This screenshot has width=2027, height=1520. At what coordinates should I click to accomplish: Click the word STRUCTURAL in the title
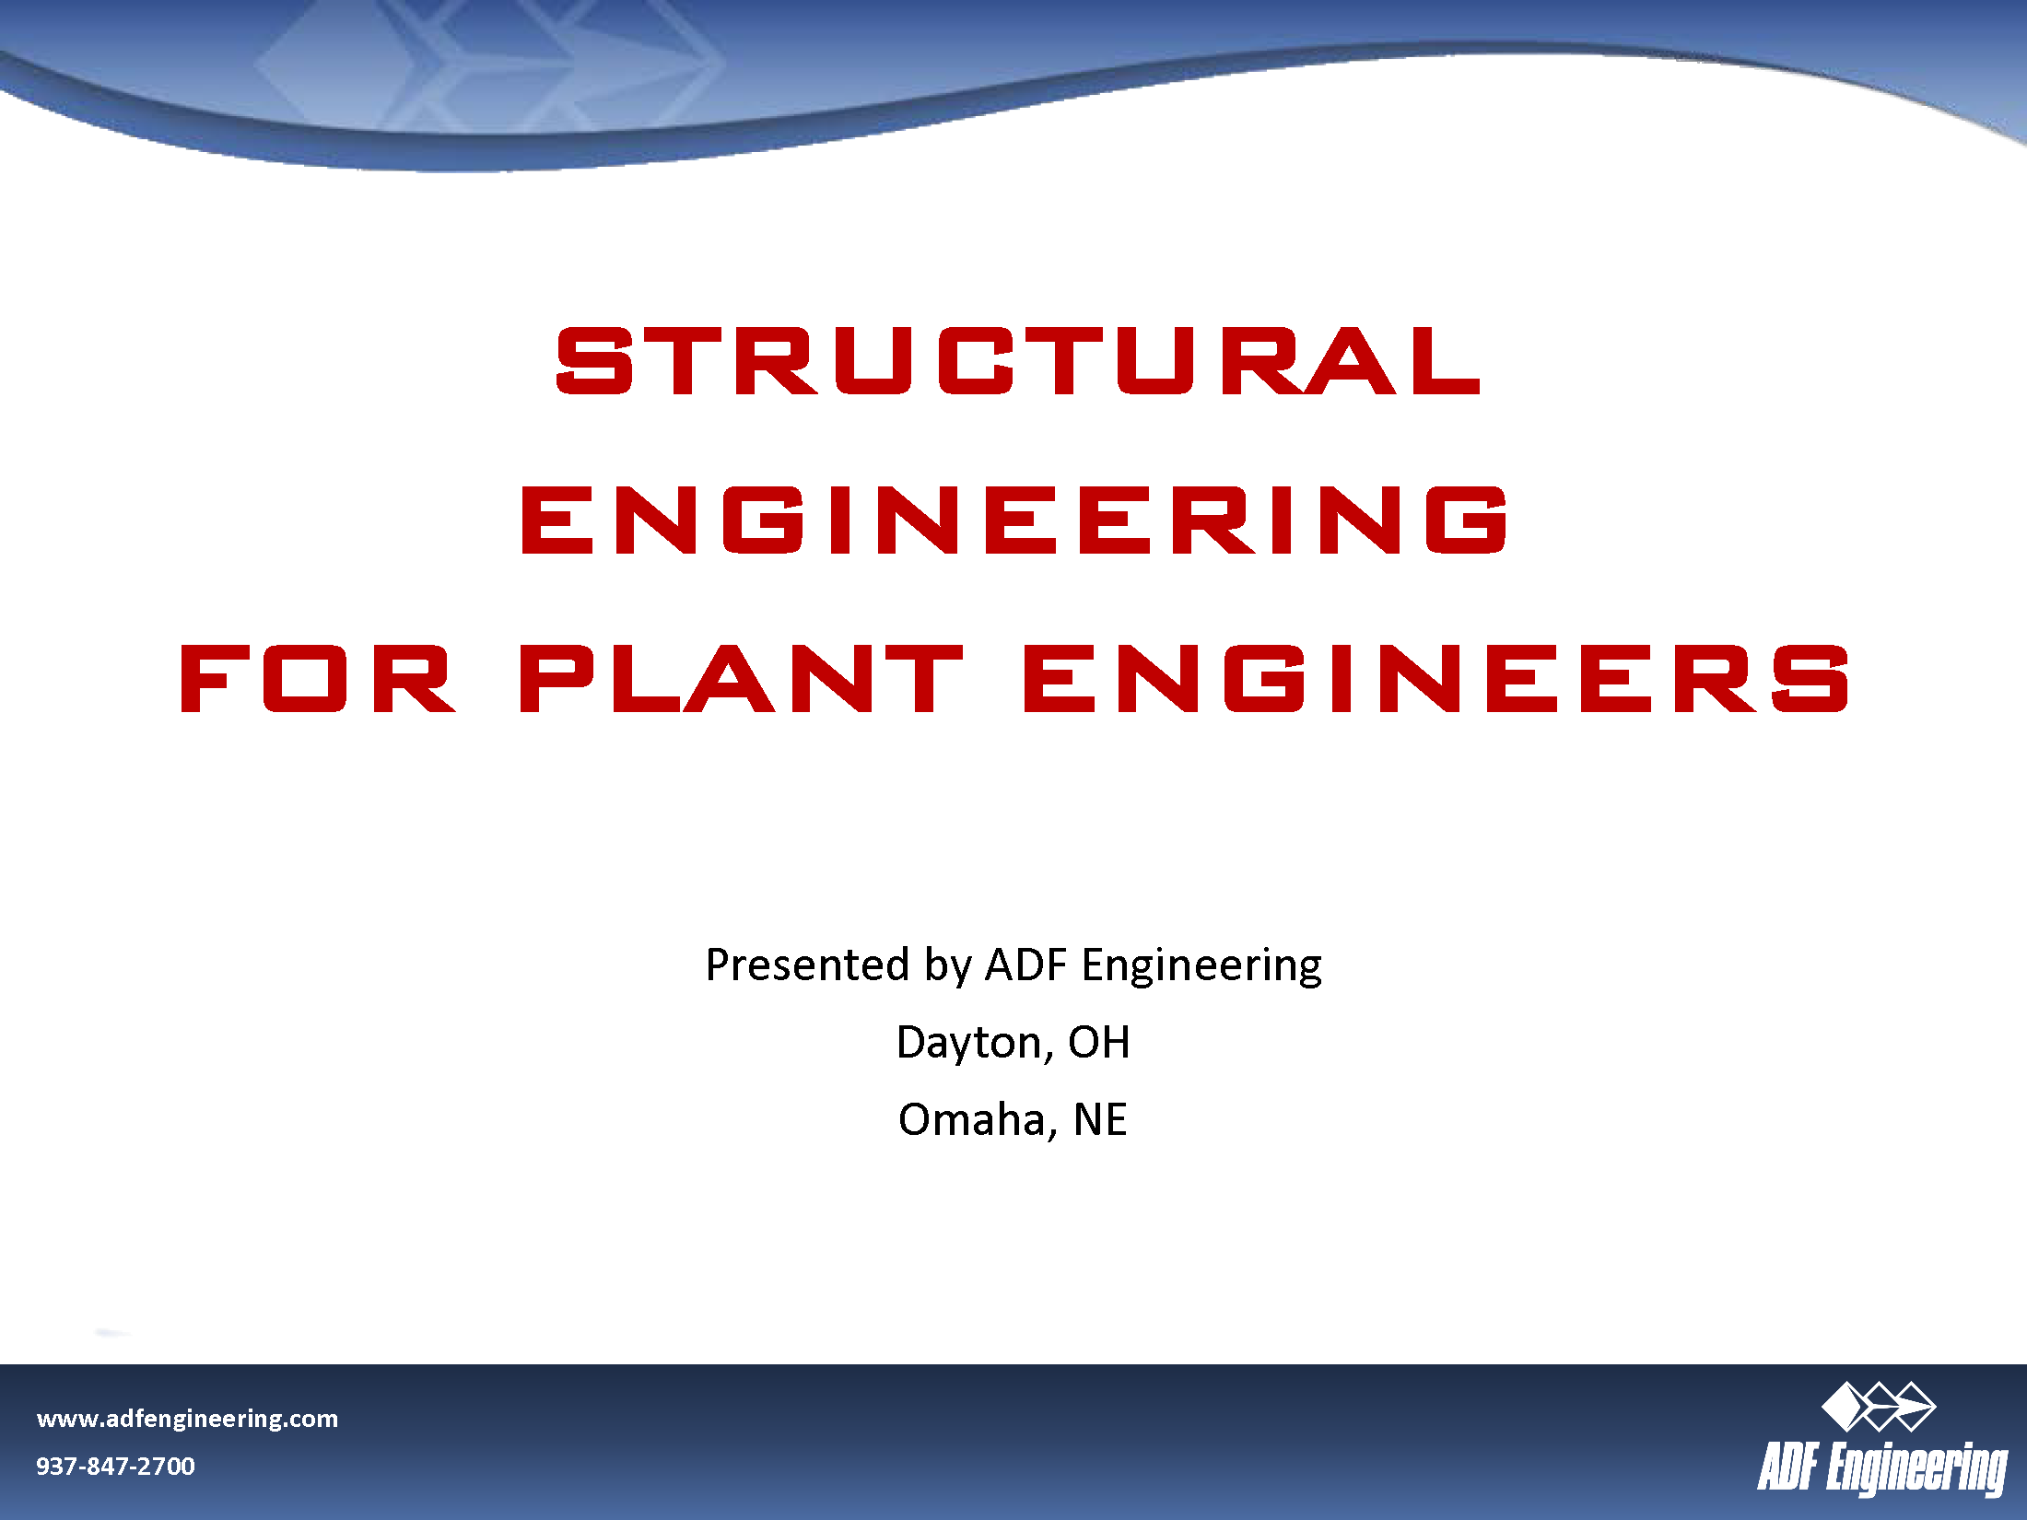tap(1018, 361)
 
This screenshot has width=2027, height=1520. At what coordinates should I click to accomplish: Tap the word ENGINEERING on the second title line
tap(1013, 520)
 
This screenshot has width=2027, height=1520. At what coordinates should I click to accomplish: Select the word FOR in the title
tap(317, 680)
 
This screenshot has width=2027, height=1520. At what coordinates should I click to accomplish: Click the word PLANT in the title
tap(741, 680)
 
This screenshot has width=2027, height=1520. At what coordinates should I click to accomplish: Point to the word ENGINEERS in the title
tap(1435, 680)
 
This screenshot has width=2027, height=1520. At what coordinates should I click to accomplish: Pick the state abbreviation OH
tap(1098, 1043)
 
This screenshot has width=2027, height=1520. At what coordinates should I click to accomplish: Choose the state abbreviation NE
tap(1100, 1120)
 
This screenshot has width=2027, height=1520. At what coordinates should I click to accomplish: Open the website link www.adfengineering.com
tap(187, 1419)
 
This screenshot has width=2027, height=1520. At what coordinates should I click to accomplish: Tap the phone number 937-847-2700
tap(115, 1466)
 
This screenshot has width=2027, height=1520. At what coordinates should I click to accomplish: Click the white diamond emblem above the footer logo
tap(1878, 1407)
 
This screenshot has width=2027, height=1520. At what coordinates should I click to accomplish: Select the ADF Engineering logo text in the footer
tap(1881, 1468)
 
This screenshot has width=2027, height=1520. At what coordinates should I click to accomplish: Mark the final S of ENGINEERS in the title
tap(1810, 680)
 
